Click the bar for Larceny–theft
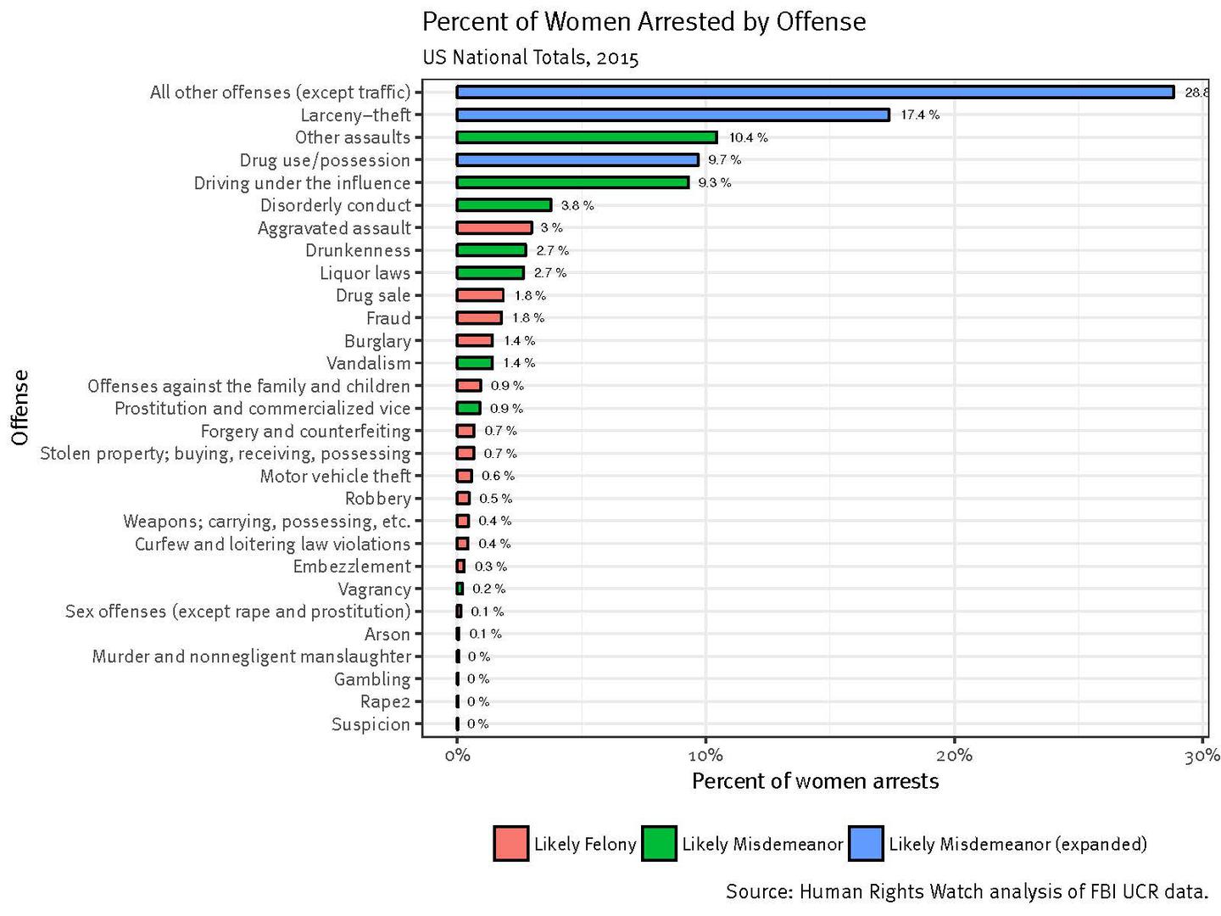pos(672,114)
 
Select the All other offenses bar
pos(814,92)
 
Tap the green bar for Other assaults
pos(586,137)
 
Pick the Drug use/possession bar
pos(577,159)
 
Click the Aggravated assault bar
pos(493,227)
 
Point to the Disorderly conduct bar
pos(504,205)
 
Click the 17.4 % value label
pos(919,114)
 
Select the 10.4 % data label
pos(748,137)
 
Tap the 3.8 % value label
pos(577,205)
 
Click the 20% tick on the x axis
pos(954,756)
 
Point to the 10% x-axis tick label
pos(705,756)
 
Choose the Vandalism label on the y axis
pos(368,363)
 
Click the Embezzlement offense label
pos(351,567)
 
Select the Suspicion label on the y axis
pos(371,724)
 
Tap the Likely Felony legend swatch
pos(511,844)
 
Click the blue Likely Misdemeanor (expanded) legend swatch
pos(865,844)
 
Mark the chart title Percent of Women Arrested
pos(644,21)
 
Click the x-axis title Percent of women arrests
pos(815,781)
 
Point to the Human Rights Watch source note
pos(966,891)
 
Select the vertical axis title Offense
pos(20,407)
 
